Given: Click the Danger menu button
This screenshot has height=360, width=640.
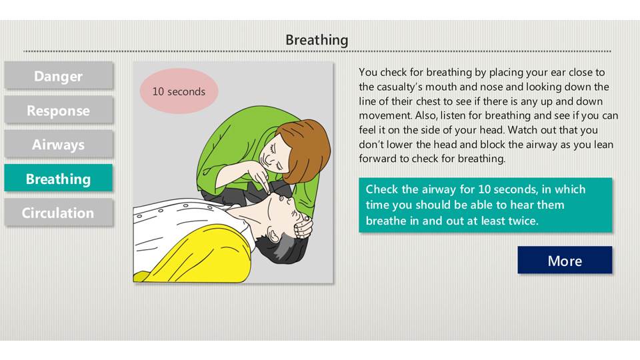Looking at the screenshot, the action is (59, 75).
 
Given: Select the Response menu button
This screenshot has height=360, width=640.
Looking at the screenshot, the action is (59, 110).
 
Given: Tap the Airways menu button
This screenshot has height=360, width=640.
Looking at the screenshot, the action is (59, 145).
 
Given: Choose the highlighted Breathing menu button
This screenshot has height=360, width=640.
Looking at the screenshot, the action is (59, 179).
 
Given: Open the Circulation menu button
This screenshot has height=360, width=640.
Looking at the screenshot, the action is (59, 213).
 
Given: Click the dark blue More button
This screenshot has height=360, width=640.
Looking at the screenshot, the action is (565, 260).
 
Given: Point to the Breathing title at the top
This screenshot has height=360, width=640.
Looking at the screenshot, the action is (317, 41).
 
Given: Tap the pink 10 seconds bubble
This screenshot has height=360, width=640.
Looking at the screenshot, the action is (179, 91).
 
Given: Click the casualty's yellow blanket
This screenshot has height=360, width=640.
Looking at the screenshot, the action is (192, 255).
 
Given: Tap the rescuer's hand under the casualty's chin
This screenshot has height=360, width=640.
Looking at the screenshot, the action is (303, 227).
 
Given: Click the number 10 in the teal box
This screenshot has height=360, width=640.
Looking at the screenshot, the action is (484, 189).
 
